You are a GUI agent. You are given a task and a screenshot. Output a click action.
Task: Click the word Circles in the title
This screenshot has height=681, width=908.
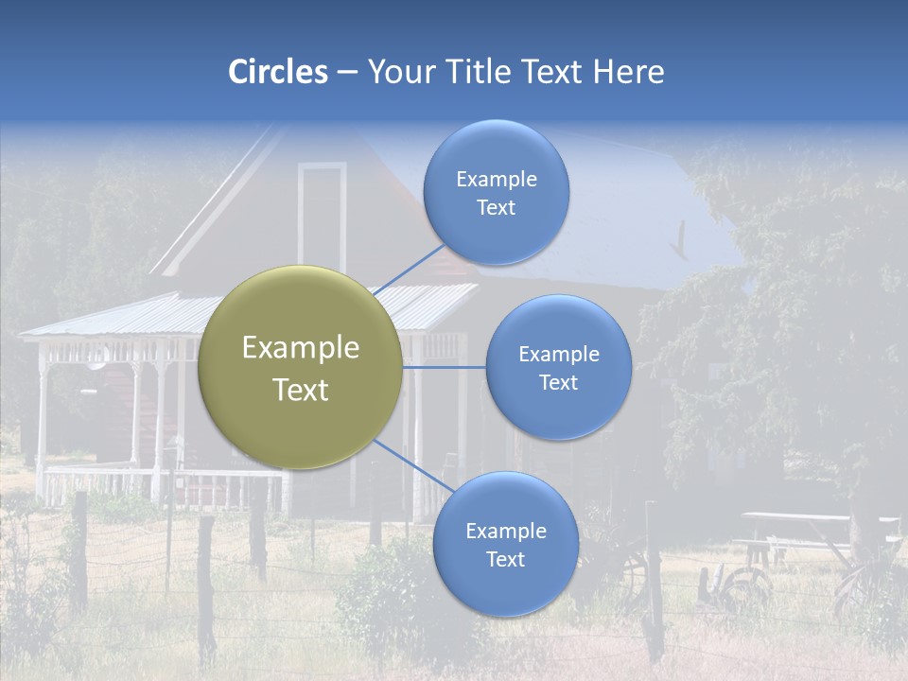(277, 72)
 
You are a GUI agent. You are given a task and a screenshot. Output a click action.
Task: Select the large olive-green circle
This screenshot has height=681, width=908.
(301, 368)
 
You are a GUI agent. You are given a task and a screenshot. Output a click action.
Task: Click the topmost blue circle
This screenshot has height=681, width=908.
(496, 192)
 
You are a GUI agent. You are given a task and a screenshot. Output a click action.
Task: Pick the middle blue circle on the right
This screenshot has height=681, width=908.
(558, 367)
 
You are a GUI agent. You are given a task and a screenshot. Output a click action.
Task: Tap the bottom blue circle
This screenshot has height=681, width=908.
(505, 545)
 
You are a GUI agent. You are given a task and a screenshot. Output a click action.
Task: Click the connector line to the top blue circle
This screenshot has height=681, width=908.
(409, 271)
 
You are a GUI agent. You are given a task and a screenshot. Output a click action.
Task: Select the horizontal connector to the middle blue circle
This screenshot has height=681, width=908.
(445, 367)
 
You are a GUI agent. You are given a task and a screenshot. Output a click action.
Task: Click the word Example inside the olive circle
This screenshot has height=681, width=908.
(301, 348)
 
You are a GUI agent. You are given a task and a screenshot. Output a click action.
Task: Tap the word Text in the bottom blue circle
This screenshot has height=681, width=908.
(505, 559)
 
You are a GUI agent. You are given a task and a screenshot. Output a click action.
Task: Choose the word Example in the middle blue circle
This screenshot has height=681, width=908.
(558, 354)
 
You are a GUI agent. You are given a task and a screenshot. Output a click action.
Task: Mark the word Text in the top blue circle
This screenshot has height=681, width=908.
(496, 207)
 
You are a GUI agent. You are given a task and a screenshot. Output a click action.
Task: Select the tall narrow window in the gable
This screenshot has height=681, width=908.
(323, 218)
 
